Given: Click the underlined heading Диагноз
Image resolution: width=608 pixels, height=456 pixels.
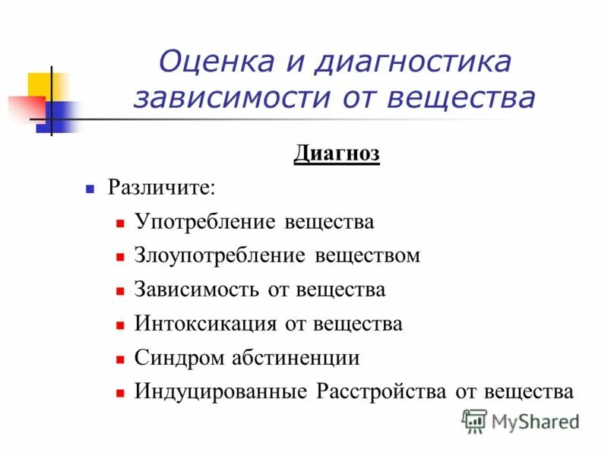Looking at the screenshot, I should point(337,154).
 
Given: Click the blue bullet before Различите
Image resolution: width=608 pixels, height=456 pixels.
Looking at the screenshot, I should point(90,188).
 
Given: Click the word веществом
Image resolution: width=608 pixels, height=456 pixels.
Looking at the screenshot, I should point(368,255).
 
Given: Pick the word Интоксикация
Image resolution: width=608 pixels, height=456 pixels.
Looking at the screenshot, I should point(205,323).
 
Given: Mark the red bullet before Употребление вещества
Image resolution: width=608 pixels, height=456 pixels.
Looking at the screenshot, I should point(120,223).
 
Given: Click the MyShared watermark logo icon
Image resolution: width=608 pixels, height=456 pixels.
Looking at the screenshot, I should point(474,420).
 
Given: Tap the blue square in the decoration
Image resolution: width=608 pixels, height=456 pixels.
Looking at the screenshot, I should point(62,116).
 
